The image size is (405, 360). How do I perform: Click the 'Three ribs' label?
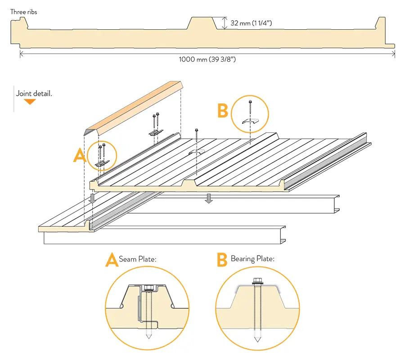click(24, 12)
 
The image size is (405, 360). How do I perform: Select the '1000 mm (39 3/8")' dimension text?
click(207, 59)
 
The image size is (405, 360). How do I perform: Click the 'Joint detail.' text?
click(34, 94)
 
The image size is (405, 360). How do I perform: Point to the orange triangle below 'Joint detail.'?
click(30, 102)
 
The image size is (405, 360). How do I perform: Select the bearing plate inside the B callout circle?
click(250, 121)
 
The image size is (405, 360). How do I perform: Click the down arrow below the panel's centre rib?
click(208, 198)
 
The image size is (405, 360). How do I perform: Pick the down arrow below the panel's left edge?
click(92, 198)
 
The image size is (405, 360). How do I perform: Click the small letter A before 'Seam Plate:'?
click(112, 260)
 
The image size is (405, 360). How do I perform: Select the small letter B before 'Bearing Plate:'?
click(222, 260)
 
